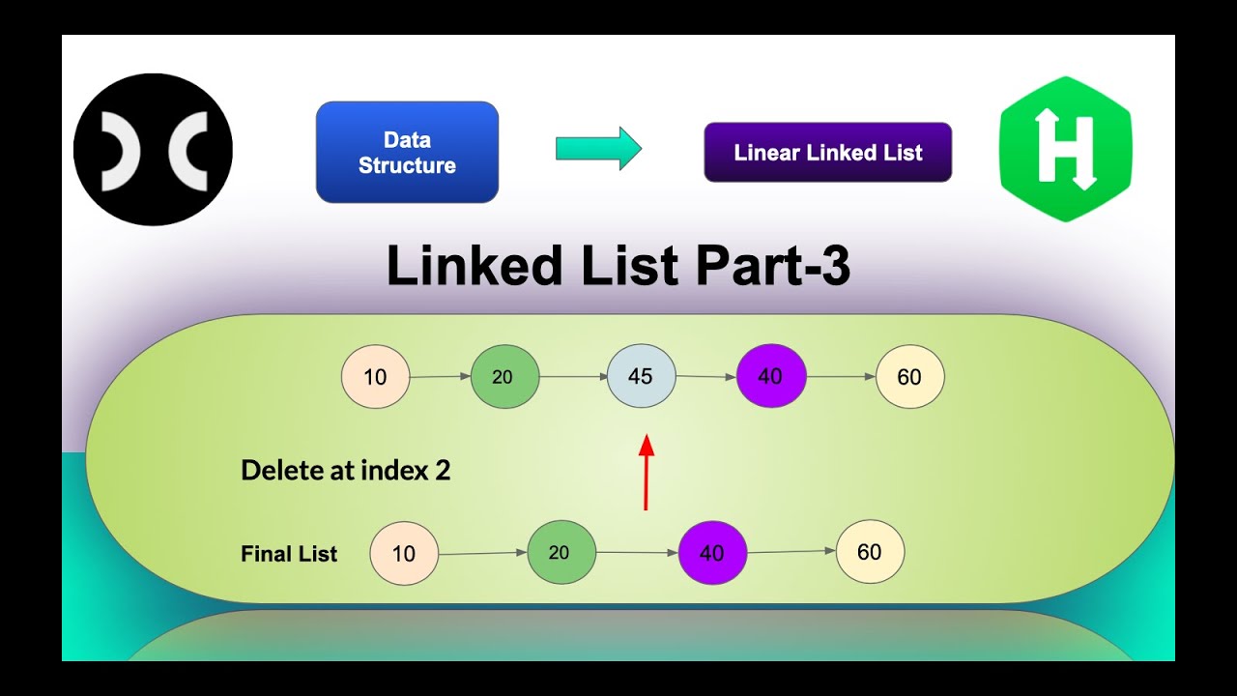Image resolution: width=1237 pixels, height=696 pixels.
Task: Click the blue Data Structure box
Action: [407, 152]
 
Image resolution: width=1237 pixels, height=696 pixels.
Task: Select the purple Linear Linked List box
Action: [827, 153]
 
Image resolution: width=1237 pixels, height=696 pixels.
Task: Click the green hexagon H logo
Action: [1066, 149]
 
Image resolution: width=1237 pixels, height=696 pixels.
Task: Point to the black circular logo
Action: [153, 149]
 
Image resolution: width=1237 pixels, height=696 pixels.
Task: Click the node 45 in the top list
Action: [641, 376]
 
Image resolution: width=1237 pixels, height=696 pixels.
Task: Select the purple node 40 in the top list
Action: [770, 376]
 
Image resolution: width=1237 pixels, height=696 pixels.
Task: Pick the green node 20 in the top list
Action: [503, 377]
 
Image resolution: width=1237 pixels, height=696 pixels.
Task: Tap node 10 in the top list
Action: [375, 376]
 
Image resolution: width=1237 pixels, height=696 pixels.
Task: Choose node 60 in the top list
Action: [909, 377]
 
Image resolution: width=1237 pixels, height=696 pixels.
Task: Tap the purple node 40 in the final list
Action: [712, 553]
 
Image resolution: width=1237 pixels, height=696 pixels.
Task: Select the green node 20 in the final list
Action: [561, 553]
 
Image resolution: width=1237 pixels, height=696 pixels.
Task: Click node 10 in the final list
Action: [404, 554]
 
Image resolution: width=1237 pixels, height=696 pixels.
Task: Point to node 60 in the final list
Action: [870, 552]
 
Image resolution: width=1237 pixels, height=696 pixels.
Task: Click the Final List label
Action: [289, 554]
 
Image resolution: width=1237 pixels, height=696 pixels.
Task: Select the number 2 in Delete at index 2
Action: [443, 471]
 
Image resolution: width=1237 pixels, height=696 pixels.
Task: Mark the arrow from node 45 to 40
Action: [705, 377]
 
